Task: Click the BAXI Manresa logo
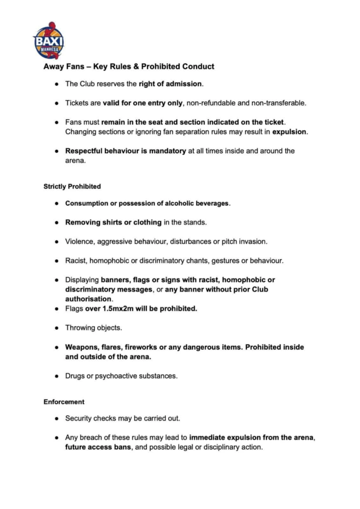click(49, 41)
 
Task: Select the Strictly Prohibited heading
click(72, 186)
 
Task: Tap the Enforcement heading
click(64, 402)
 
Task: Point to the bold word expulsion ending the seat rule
click(289, 132)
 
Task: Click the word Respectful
click(84, 151)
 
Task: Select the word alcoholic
click(179, 203)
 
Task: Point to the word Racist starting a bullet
click(75, 261)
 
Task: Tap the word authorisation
click(88, 299)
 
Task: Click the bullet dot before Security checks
click(57, 419)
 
